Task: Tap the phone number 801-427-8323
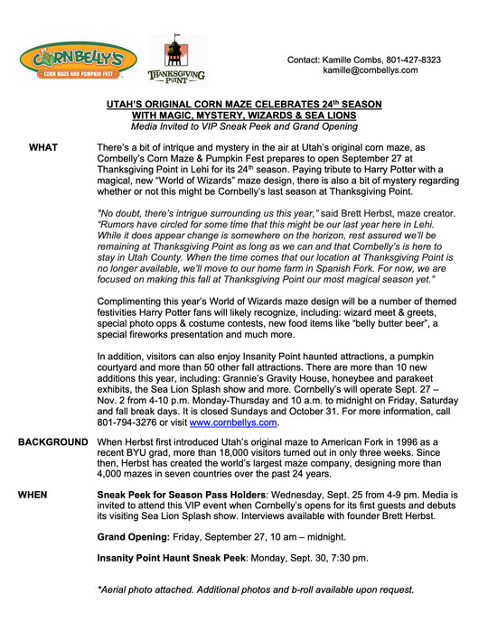click(x=411, y=60)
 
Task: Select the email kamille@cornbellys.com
click(x=371, y=70)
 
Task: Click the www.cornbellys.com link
click(x=233, y=422)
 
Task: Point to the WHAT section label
click(x=43, y=146)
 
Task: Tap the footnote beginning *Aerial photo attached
click(x=256, y=589)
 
